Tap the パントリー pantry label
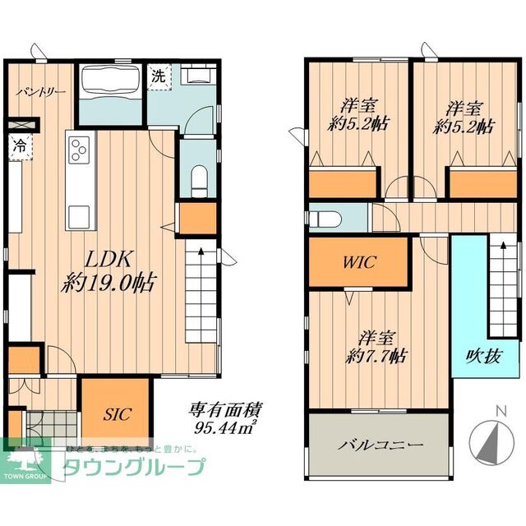click(x=39, y=92)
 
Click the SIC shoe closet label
click(x=116, y=413)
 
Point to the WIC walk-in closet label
click(x=358, y=262)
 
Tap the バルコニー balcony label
click(x=380, y=445)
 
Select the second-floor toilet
click(x=327, y=219)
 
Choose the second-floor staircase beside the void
click(x=503, y=288)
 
